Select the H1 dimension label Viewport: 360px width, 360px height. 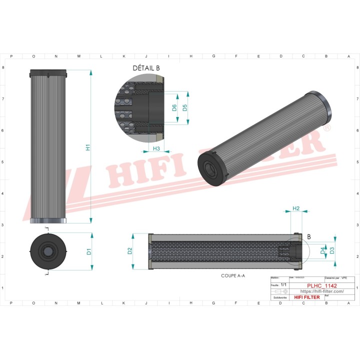point(87,147)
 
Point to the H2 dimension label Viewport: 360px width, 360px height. point(295,208)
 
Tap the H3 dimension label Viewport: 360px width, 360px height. point(156,148)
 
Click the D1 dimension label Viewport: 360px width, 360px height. point(88,251)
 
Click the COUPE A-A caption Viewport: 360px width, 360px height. point(233,275)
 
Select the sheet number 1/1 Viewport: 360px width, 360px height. point(283,284)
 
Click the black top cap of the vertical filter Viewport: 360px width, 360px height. point(48,73)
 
